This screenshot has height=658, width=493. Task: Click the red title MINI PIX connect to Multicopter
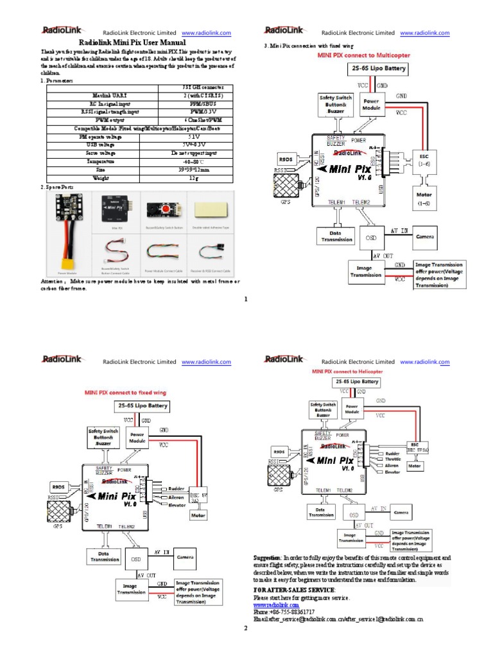point(365,56)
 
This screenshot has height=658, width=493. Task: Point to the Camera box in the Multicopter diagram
point(426,236)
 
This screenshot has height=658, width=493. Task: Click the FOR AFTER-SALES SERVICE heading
point(294,589)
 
